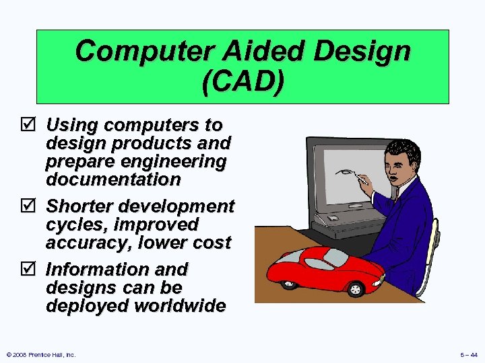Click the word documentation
(112, 179)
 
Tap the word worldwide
(180, 306)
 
